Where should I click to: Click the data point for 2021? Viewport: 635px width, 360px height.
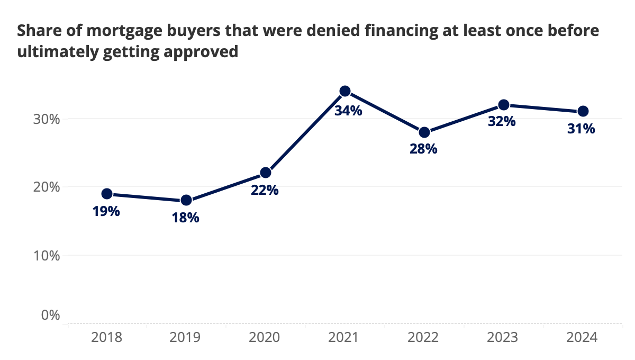(x=345, y=91)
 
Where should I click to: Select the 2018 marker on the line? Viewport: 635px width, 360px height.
(x=107, y=194)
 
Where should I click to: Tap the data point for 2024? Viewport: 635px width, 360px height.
(x=583, y=111)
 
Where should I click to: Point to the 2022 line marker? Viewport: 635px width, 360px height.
(x=424, y=132)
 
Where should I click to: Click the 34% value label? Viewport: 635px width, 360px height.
(x=348, y=111)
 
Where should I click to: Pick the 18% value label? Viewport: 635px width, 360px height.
(x=185, y=218)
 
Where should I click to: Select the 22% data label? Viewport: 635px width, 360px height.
(x=265, y=190)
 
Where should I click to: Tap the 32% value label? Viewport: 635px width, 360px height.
(x=502, y=121)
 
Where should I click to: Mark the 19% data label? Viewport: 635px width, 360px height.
(x=106, y=211)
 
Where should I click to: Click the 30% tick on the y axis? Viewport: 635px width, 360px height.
(x=46, y=119)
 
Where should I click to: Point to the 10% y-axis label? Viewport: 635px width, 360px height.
(x=46, y=256)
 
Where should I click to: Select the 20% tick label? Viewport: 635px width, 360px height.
(x=46, y=187)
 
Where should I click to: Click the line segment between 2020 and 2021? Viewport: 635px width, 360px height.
(x=305, y=132)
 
